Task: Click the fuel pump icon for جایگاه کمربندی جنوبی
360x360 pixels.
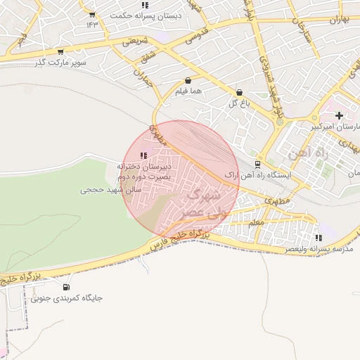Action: pyautogui.click(x=67, y=286)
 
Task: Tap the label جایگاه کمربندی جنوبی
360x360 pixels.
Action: pyautogui.click(x=67, y=297)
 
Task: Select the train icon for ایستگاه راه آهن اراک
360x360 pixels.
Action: pyautogui.click(x=257, y=164)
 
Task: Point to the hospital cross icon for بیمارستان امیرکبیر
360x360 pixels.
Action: pyautogui.click(x=339, y=115)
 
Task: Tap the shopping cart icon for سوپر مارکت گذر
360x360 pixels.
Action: pyautogui.click(x=60, y=51)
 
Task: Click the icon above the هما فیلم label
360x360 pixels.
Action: pyautogui.click(x=188, y=81)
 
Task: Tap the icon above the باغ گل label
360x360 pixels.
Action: pyautogui.click(x=239, y=92)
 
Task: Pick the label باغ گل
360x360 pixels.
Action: pyautogui.click(x=239, y=103)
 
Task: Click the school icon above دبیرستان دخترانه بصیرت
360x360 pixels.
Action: pyautogui.click(x=144, y=155)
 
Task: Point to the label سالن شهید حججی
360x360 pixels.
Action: pyautogui.click(x=112, y=190)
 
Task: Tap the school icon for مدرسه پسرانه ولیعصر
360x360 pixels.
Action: pyautogui.click(x=319, y=238)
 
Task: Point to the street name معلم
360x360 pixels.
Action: pyautogui.click(x=256, y=222)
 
